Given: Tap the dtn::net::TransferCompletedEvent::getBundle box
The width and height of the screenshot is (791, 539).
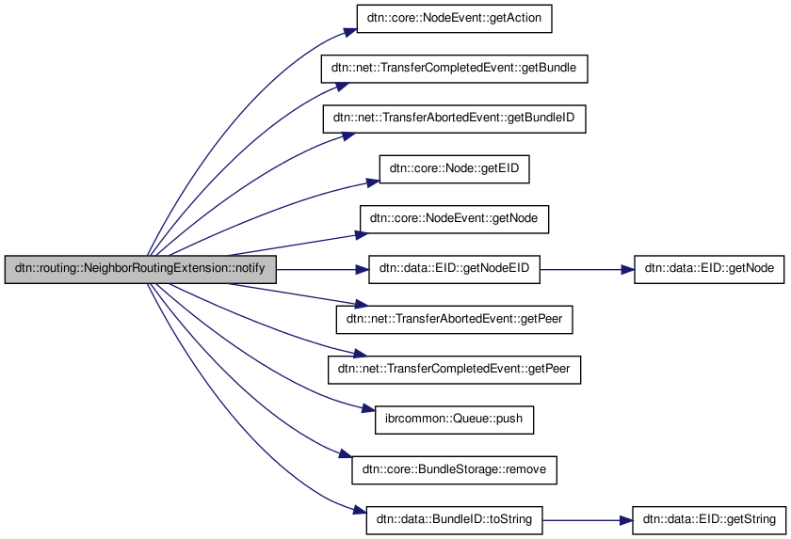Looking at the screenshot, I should [x=454, y=69].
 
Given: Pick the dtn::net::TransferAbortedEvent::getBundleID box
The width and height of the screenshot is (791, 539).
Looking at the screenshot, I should [x=454, y=119].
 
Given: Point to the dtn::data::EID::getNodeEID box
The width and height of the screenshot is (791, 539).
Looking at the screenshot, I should [x=454, y=269].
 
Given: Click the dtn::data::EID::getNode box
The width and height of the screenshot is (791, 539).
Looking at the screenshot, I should [x=709, y=269].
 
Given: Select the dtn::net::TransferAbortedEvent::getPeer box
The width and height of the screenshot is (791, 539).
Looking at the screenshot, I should [x=454, y=320].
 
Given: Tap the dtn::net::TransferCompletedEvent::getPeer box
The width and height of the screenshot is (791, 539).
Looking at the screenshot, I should [x=454, y=370].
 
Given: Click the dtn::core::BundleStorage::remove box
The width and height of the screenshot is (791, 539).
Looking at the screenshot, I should [x=454, y=469].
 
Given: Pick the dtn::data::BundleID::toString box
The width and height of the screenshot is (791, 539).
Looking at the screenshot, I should [x=454, y=520].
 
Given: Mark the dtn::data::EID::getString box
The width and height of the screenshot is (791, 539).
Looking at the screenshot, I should [x=709, y=520].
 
